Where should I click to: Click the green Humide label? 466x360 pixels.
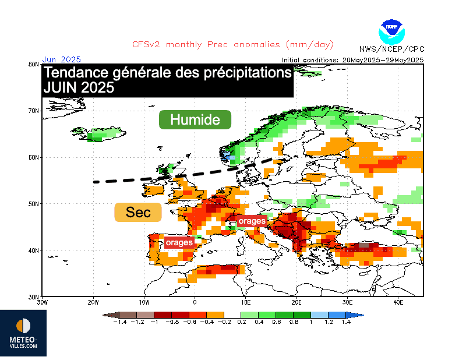(195, 120)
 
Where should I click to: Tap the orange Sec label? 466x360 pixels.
(138, 213)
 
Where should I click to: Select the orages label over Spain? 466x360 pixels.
(179, 242)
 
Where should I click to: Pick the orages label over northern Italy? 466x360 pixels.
(252, 221)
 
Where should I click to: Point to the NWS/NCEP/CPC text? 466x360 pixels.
(392, 49)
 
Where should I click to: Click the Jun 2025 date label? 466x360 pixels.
(61, 59)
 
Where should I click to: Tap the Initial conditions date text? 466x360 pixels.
(352, 60)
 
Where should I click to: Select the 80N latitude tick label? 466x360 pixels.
(34, 64)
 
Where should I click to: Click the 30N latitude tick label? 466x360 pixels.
(34, 297)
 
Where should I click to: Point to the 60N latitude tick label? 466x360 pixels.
(34, 157)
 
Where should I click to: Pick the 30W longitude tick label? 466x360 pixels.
(42, 303)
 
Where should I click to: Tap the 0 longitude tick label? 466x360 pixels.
(195, 303)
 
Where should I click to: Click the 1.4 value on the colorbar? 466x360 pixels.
(346, 322)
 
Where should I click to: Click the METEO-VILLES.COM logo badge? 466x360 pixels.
(23, 333)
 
